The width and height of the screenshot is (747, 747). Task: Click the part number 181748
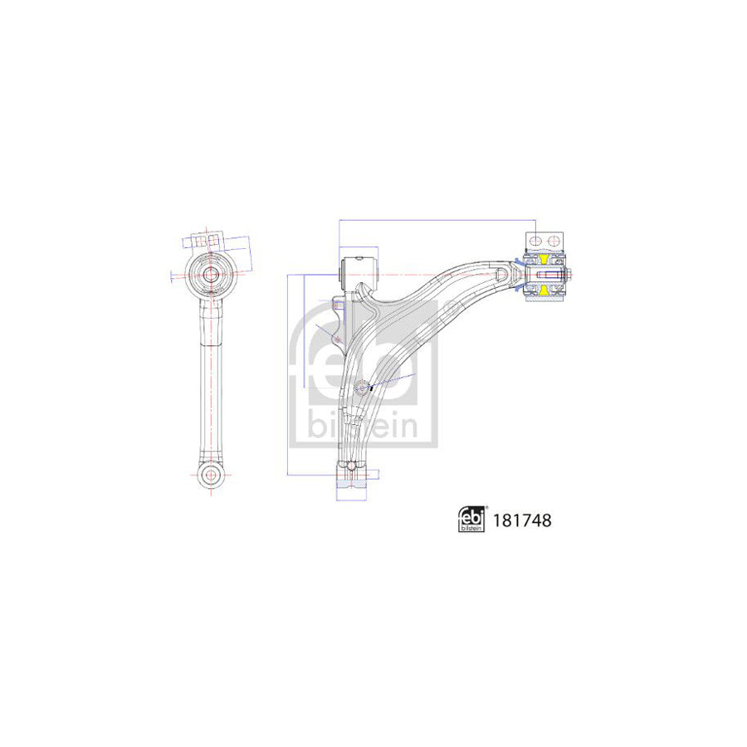pyautogui.click(x=522, y=520)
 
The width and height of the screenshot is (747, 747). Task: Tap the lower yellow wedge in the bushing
pyautogui.click(x=544, y=289)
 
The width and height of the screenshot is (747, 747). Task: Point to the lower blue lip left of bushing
pyautogui.click(x=518, y=288)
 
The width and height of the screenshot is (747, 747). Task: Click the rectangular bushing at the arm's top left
pyautogui.click(x=359, y=269)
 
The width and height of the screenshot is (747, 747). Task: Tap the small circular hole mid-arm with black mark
pyautogui.click(x=364, y=386)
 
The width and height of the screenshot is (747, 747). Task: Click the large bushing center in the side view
pyautogui.click(x=211, y=273)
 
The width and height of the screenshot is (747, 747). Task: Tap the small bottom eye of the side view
pyautogui.click(x=211, y=475)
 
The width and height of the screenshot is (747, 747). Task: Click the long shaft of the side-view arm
pyautogui.click(x=211, y=382)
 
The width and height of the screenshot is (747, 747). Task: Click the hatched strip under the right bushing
pyautogui.click(x=544, y=299)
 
